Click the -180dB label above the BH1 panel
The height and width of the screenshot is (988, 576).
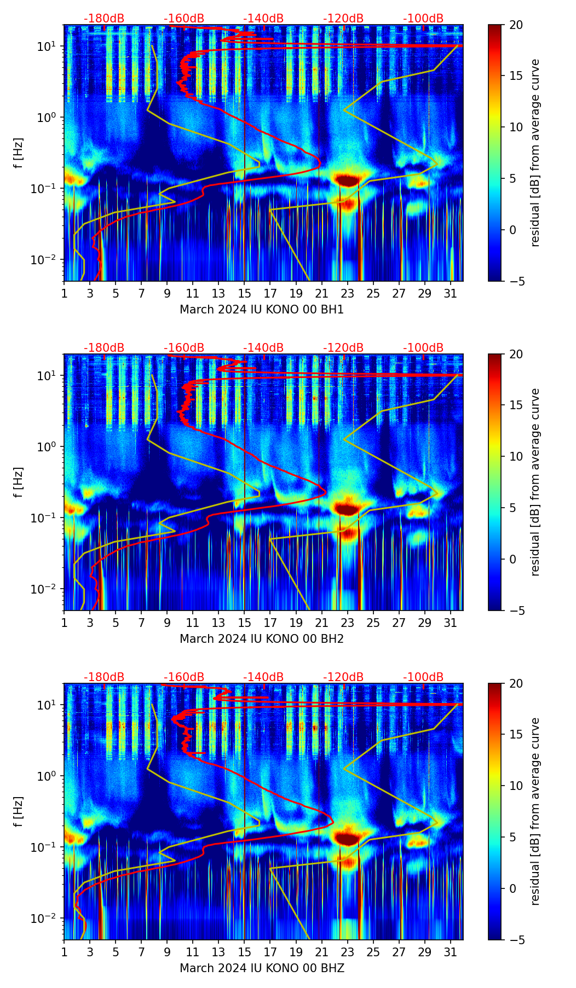tap(104, 19)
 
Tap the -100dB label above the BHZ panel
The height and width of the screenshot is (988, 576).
tap(423, 677)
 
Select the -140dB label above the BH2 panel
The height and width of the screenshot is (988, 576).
tap(263, 348)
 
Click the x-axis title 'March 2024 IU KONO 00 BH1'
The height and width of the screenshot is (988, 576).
tap(262, 310)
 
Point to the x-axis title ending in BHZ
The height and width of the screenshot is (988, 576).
tap(262, 968)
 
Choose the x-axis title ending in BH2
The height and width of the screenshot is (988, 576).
tap(262, 639)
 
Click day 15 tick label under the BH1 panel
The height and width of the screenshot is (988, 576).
tap(244, 293)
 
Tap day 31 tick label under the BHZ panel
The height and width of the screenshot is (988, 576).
tap(450, 952)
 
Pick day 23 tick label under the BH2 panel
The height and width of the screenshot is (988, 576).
tap(347, 623)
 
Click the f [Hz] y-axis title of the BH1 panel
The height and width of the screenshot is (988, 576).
tap(19, 153)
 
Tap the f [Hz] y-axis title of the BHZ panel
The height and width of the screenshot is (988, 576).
tap(19, 812)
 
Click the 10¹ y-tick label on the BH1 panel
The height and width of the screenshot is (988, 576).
tap(48, 46)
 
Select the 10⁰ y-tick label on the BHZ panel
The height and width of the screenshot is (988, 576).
tap(48, 776)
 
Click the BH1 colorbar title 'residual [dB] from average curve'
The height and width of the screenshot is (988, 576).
tap(535, 153)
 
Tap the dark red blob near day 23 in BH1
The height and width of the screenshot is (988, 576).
tap(348, 180)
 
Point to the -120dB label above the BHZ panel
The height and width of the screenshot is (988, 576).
tap(343, 677)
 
